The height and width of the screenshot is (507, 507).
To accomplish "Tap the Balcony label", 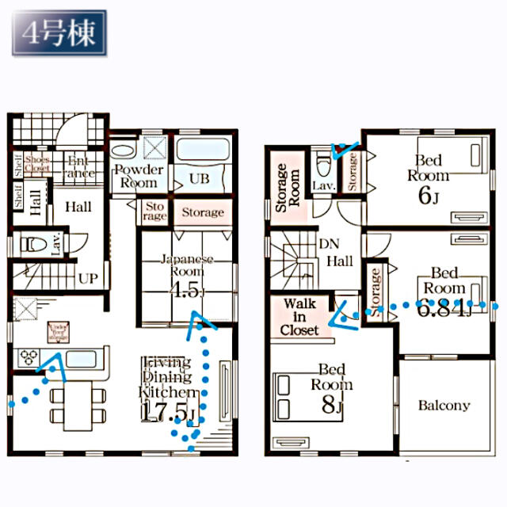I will (x=444, y=406).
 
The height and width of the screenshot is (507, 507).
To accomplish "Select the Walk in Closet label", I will (x=300, y=316).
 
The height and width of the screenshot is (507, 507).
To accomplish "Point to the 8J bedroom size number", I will (x=331, y=406).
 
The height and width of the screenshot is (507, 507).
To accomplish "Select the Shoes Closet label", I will (x=37, y=164).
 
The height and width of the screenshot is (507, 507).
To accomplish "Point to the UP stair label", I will (x=88, y=279).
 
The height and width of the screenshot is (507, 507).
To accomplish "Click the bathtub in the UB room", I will (x=200, y=151).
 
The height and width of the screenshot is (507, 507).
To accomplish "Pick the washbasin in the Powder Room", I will (x=124, y=151).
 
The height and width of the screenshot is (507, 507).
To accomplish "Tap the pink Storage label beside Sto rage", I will (x=203, y=212).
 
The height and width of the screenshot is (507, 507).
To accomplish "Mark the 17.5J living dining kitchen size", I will (x=167, y=412).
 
